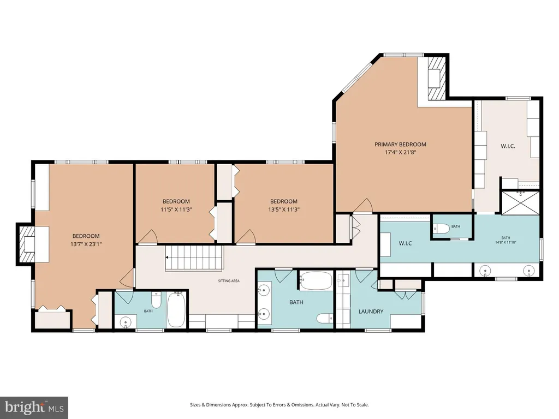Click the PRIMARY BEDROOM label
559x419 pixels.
coord(400,144)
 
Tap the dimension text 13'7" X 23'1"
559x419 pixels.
coord(86,244)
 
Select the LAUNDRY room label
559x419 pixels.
coord(371,312)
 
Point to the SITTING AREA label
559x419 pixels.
coord(229,281)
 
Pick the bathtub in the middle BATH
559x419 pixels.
coord(316,281)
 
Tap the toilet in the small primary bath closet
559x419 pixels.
coord(441,229)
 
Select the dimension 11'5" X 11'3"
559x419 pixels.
coord(176,209)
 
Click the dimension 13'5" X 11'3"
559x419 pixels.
coord(284,209)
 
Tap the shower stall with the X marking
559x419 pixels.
coord(520,203)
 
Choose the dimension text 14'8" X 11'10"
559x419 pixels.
coord(506,242)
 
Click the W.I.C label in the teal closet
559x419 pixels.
coord(406,243)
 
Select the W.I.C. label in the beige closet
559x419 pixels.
coord(508,146)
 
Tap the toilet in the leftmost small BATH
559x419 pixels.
coord(156,300)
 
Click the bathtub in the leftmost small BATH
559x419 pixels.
coord(176,309)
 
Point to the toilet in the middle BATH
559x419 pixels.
coord(325,318)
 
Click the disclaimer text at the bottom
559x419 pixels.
coord(279,405)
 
